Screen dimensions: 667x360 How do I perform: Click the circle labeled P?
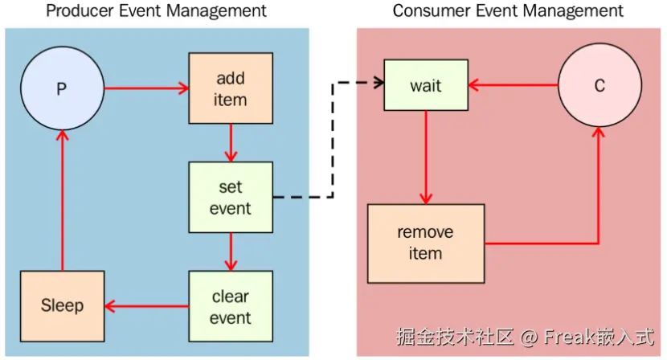[62, 88]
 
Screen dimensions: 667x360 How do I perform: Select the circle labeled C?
[599, 85]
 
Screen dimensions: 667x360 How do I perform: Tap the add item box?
[231, 88]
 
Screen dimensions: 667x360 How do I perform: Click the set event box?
[231, 197]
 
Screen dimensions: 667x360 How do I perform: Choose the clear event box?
[231, 306]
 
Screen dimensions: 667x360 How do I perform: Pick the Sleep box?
[62, 306]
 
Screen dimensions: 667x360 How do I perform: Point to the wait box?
[426, 85]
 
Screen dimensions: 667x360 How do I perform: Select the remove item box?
[426, 243]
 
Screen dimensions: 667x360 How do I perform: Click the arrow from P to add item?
[147, 88]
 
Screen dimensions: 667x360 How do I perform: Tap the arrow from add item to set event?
[231, 143]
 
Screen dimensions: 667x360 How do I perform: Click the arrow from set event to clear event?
[231, 252]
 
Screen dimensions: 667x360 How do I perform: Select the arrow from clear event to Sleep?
[147, 306]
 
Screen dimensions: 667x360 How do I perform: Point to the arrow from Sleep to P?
[63, 200]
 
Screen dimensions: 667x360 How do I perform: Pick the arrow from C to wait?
[513, 85]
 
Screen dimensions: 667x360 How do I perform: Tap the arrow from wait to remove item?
[426, 157]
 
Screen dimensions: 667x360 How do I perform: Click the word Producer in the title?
[80, 10]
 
